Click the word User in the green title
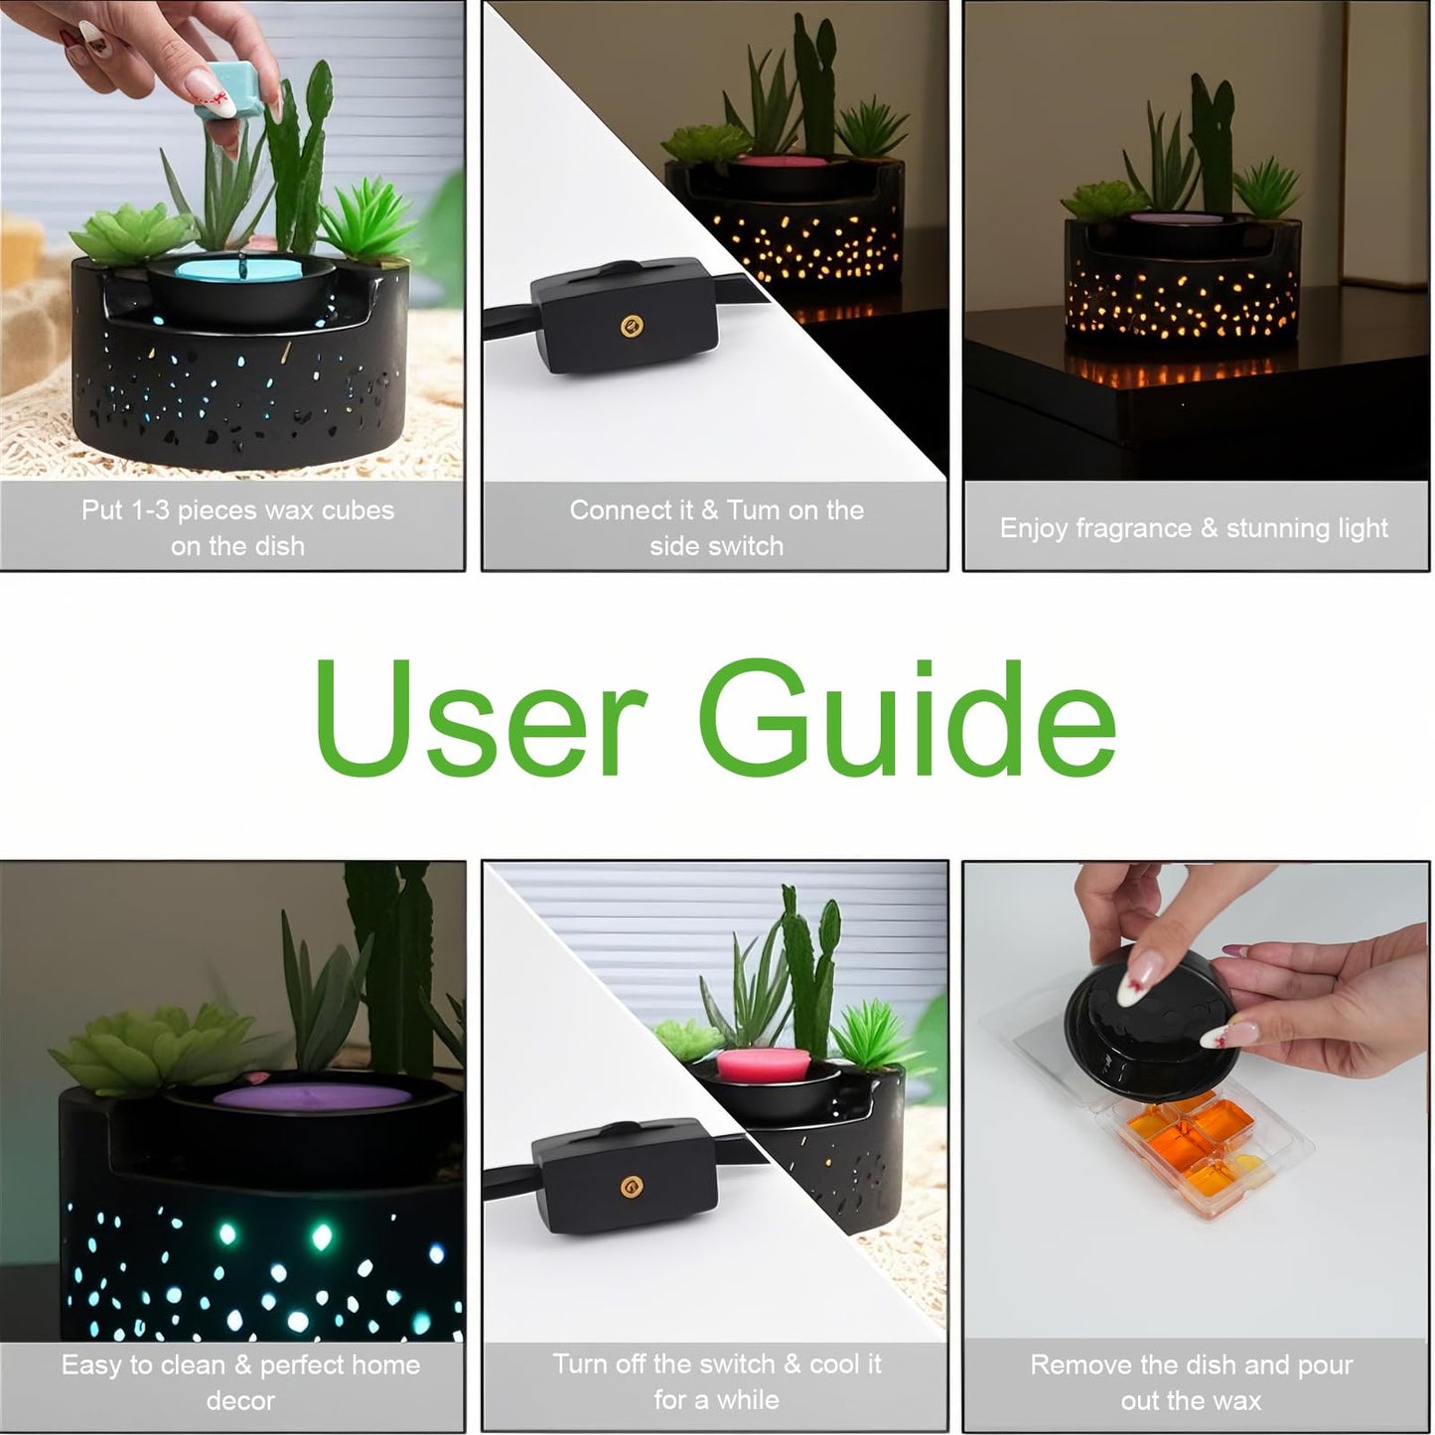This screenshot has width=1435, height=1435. tap(481, 718)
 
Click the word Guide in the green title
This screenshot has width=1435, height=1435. tap(907, 718)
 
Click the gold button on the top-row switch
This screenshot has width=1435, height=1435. tap(632, 325)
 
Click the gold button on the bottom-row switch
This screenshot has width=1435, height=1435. tap(632, 1187)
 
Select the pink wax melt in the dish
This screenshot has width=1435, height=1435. tap(764, 1066)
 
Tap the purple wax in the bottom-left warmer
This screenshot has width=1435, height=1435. tap(313, 1097)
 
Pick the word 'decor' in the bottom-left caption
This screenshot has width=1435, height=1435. tap(240, 1401)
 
